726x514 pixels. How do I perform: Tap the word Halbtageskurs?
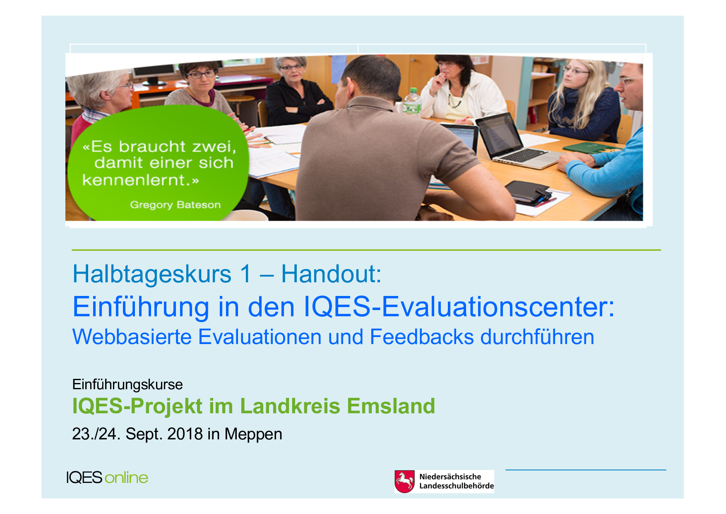point(152,274)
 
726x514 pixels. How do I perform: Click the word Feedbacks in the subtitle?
point(421,337)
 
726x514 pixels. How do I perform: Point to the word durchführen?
point(537,337)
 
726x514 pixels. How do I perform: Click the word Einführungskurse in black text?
point(127,385)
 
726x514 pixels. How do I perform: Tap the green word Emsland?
point(391,406)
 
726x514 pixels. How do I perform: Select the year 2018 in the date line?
point(185,434)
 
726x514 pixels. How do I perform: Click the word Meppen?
point(253,434)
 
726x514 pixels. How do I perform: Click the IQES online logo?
point(107,478)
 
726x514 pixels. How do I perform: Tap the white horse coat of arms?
point(404,481)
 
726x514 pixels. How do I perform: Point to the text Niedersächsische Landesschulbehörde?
point(457,481)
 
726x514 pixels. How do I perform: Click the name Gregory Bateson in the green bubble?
point(175,205)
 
